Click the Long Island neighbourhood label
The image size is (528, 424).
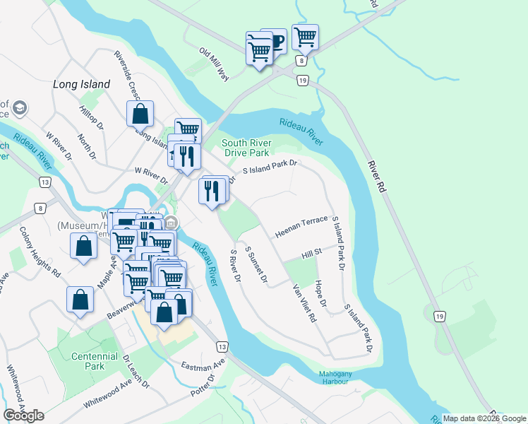[x=82, y=84]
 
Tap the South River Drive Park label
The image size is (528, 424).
[x=246, y=147]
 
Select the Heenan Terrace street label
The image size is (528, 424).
[x=301, y=225]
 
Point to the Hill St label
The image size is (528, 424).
[x=311, y=251]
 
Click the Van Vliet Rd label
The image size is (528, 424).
[x=304, y=303]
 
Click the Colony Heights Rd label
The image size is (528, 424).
[x=40, y=251]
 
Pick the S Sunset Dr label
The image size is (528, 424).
[x=256, y=265]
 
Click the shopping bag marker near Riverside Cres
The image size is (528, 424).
[x=140, y=113]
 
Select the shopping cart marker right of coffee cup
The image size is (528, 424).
[x=305, y=37]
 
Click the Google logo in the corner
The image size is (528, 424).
[x=23, y=415]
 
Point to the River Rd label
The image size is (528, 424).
[x=378, y=178]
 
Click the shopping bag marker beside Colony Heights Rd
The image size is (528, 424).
[x=83, y=247]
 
